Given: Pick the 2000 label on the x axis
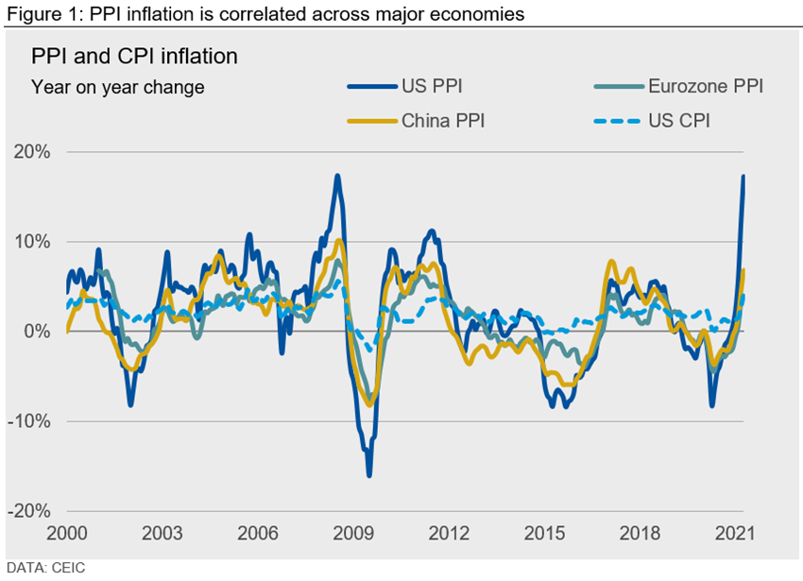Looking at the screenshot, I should pos(68,534).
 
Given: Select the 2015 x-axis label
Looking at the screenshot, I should pos(544,534).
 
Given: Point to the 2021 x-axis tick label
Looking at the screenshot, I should pos(735,534).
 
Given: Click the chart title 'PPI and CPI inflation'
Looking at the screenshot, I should pos(134,57).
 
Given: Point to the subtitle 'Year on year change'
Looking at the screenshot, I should pos(117,88).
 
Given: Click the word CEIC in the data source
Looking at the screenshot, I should pos(80,568).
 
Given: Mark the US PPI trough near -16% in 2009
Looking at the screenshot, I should pos(368,475).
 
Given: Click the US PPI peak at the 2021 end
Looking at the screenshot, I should pos(743,177).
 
